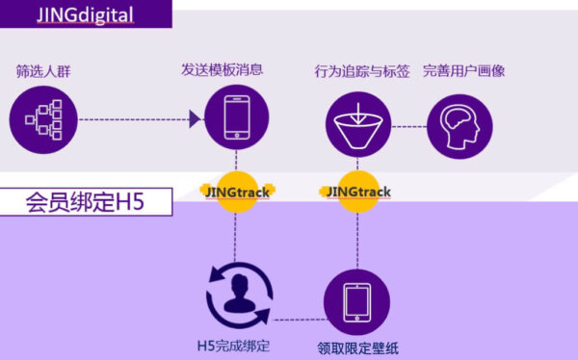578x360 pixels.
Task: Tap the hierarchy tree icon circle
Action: coord(43,119)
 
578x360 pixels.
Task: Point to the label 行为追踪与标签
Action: coord(361,71)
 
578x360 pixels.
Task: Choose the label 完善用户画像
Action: coord(464,71)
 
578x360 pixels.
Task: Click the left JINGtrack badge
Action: coord(237,191)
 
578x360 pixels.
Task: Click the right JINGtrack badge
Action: coord(358,191)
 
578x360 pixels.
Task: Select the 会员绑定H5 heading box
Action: coord(86,202)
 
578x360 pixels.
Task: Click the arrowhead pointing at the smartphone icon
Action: coord(196,119)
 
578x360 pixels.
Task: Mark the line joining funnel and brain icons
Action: coord(408,123)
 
